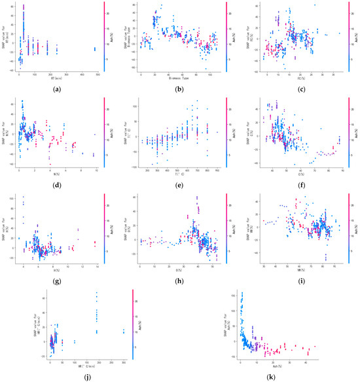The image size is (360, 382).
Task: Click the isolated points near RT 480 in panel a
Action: (94, 48)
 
